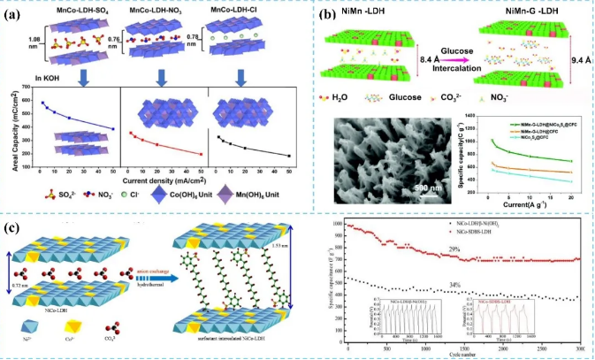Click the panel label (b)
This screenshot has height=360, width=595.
(x=326, y=15)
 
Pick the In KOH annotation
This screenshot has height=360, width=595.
(x=48, y=80)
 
